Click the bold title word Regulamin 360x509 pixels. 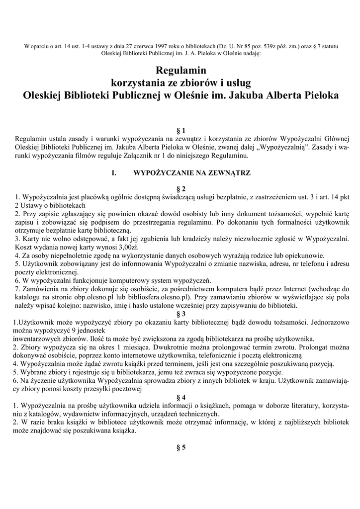(180, 71)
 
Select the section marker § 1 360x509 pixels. (180, 130)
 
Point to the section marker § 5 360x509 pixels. (180, 447)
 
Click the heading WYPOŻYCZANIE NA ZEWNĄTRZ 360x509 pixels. (192, 173)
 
